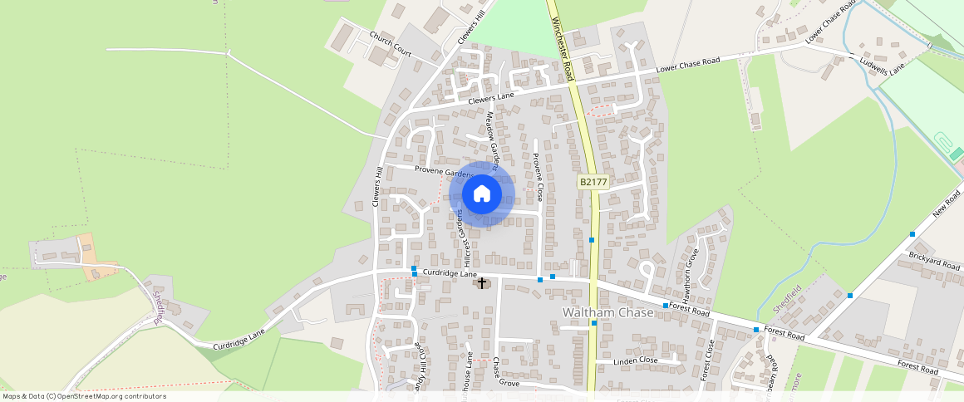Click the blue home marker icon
[x=482, y=194]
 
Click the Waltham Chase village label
[x=607, y=312]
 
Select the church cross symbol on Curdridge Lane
[x=481, y=283]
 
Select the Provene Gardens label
[x=444, y=172]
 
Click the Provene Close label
[x=538, y=177]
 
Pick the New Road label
[x=946, y=203]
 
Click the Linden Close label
[x=636, y=361]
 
